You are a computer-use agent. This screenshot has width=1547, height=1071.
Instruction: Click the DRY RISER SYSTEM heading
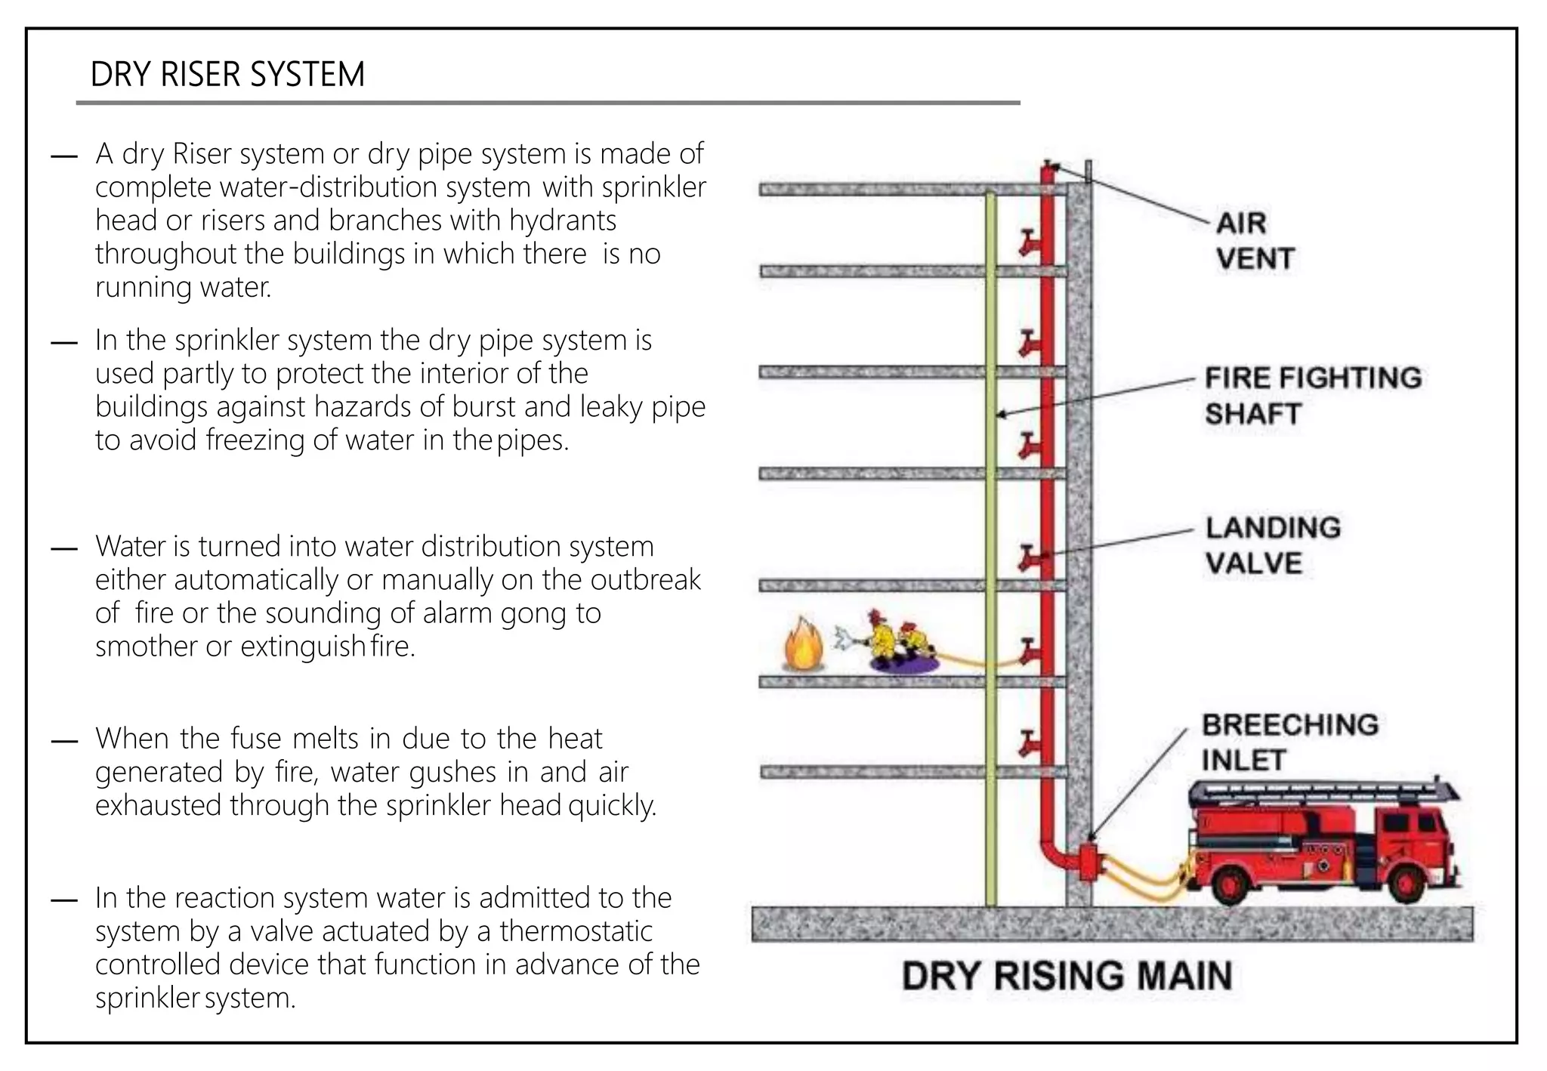point(227,74)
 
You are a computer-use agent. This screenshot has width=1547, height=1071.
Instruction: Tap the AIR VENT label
point(1255,240)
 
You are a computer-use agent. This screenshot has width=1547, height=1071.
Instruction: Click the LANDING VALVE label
point(1272,545)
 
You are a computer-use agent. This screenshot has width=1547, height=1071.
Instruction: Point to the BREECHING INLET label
point(1289,741)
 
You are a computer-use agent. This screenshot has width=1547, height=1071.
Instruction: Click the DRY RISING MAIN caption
point(1067,975)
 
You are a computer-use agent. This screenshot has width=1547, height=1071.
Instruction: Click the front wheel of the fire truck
point(1407,882)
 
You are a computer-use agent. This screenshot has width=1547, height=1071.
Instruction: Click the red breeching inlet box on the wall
point(1088,862)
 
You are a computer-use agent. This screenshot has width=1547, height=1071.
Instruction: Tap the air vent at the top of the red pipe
point(1048,165)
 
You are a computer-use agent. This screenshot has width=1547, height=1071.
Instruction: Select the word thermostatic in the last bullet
point(576,931)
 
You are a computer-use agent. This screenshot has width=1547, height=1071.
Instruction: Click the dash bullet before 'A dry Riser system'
point(64,156)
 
